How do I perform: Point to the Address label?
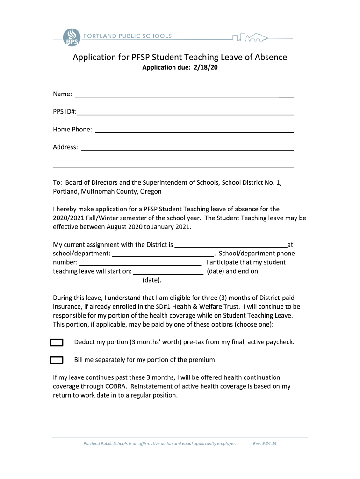point(65,147)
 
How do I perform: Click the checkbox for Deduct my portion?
point(57,342)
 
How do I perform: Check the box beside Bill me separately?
point(57,360)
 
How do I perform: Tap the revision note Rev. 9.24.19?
point(265,443)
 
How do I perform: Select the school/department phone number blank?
point(140,263)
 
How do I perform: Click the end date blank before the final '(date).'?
point(96,281)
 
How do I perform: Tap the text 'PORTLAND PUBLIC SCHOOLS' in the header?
point(127,36)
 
